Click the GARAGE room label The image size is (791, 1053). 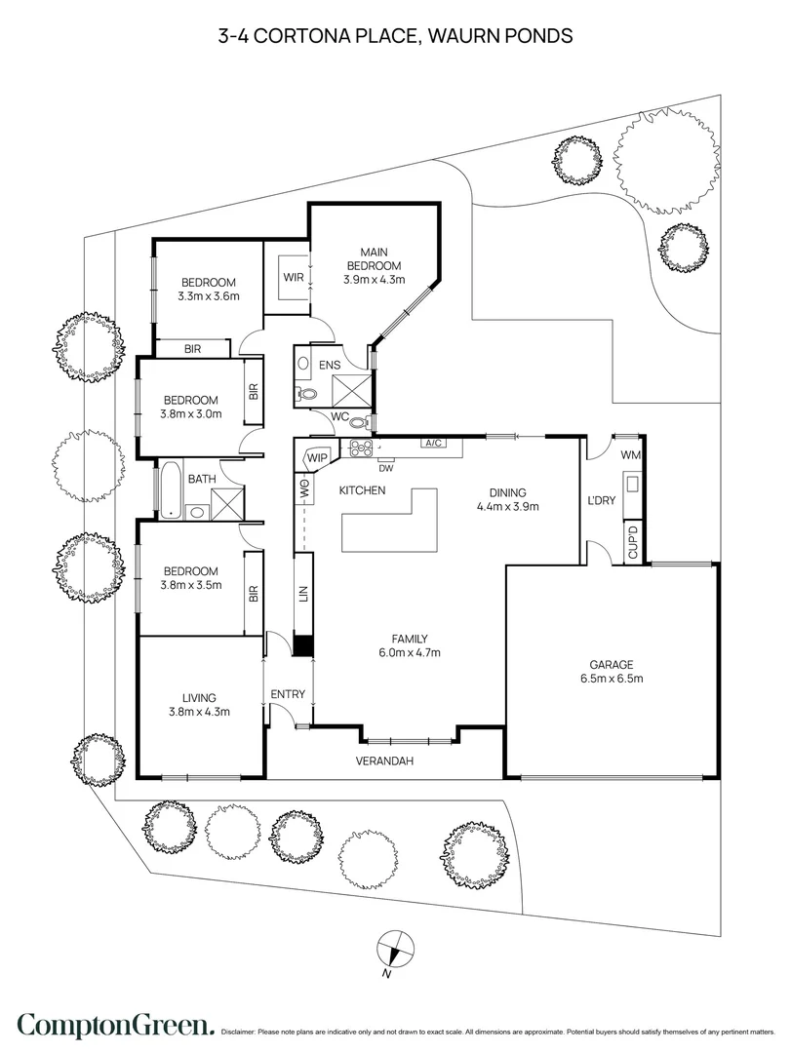click(x=612, y=665)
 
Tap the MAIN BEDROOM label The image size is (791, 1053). click(x=375, y=259)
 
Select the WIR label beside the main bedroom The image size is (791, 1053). click(x=293, y=277)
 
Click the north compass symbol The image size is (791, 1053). click(x=390, y=949)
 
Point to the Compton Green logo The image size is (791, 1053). click(x=116, y=1025)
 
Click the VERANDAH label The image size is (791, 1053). click(x=384, y=760)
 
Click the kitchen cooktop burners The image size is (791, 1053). click(x=360, y=448)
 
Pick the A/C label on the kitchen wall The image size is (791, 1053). click(x=431, y=444)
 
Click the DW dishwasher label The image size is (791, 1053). click(x=386, y=467)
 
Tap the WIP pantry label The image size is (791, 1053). click(x=317, y=458)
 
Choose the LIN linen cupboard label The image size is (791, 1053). click(x=303, y=593)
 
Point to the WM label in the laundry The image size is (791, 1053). click(x=630, y=454)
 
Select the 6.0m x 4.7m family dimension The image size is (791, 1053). click(x=410, y=652)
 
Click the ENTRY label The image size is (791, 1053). click(x=288, y=694)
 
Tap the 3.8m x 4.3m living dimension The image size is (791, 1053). click(x=200, y=711)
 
